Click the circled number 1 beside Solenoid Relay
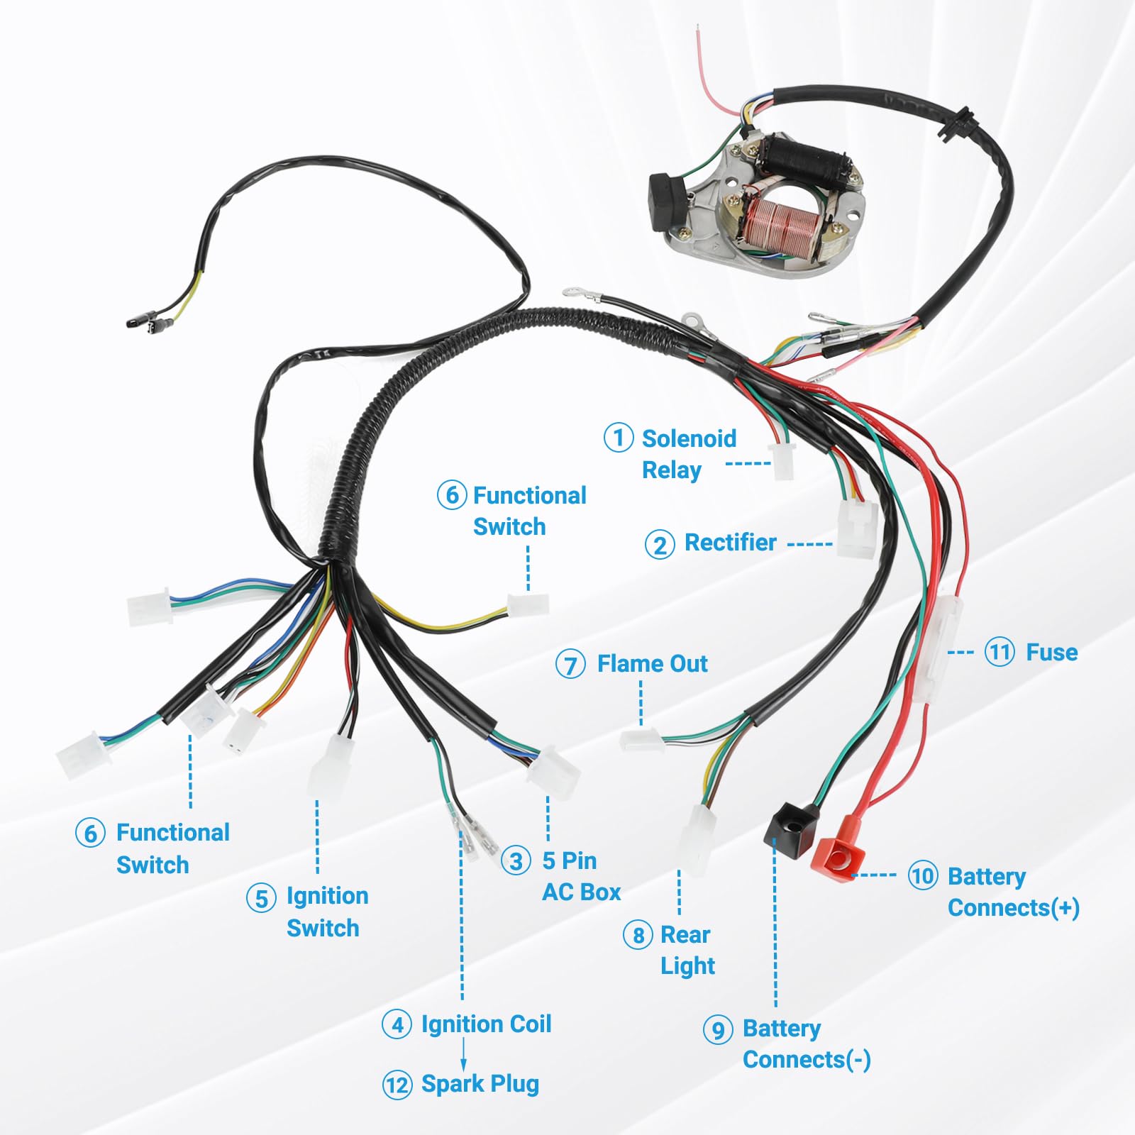tap(619, 438)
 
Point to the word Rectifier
tap(730, 543)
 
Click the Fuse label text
tap(1051, 652)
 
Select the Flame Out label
tap(652, 664)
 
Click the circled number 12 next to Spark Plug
tap(397, 1085)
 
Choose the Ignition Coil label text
tap(486, 1024)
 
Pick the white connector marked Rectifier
tap(856, 529)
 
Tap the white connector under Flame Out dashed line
tap(641, 739)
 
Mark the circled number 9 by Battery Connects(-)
tap(718, 1029)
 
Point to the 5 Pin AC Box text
tap(580, 876)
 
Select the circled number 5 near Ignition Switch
tap(261, 898)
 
